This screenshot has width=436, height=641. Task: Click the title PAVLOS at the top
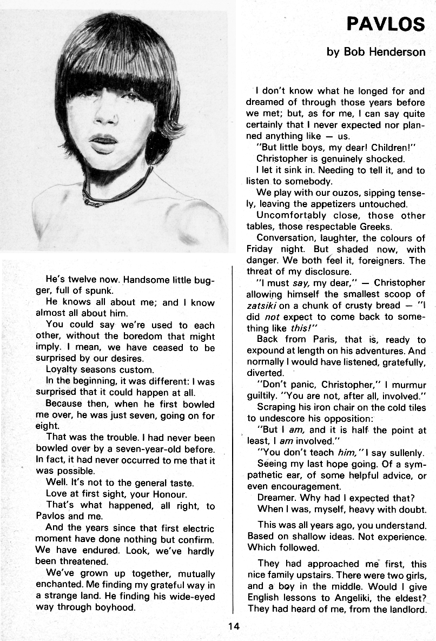386,25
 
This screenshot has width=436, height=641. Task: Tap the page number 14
233,626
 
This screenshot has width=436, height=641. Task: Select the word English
265,598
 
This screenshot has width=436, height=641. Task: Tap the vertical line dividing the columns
233,433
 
